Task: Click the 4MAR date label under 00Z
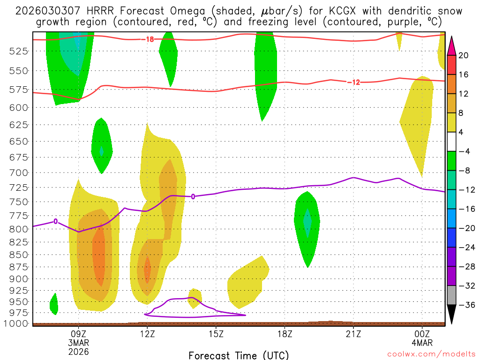pyautogui.click(x=422, y=342)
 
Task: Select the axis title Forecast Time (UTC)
pyautogui.click(x=239, y=355)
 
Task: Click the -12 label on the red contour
pyautogui.click(x=354, y=82)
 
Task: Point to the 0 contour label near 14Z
pyautogui.click(x=193, y=196)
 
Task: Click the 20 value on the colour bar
pyautogui.click(x=464, y=55)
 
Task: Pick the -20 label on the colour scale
pyautogui.click(x=466, y=228)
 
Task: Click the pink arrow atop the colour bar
pyautogui.click(x=451, y=45)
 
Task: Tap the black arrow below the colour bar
pyautogui.click(x=451, y=314)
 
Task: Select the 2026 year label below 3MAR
pyautogui.click(x=78, y=351)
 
